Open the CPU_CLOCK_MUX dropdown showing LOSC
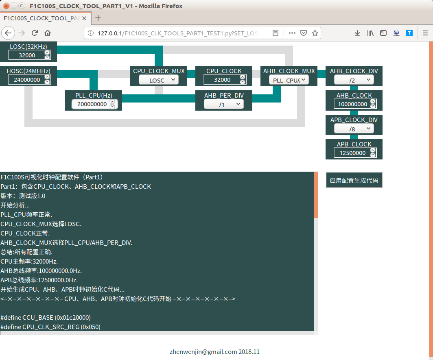tap(159, 80)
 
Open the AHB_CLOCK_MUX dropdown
tap(289, 80)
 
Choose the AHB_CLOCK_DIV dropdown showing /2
tap(354, 80)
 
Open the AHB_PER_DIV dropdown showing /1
tap(224, 105)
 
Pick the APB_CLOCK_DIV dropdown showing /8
tap(354, 129)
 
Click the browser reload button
tap(35, 33)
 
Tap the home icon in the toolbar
tap(48, 33)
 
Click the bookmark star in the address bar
tap(315, 33)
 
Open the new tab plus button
tap(98, 18)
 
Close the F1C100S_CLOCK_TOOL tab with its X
tap(84, 18)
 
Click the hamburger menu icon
tap(425, 33)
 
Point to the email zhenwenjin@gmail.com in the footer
tap(203, 352)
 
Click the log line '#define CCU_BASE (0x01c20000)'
tap(46, 317)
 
